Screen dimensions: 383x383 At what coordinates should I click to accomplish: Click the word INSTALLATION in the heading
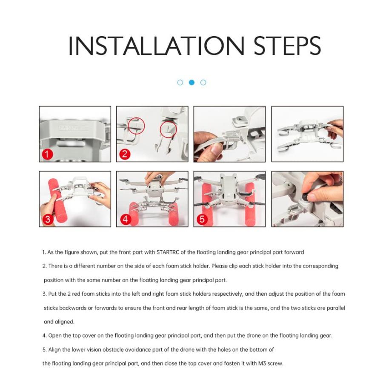click(156, 46)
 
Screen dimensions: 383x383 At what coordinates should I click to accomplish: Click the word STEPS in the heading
click(287, 46)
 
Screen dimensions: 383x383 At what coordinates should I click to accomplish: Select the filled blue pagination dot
click(192, 83)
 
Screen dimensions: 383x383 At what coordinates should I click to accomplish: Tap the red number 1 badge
click(47, 154)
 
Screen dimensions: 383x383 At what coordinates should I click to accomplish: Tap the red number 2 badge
click(125, 154)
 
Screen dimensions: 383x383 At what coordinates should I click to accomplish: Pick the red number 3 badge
click(48, 219)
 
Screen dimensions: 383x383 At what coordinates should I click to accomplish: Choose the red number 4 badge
click(125, 219)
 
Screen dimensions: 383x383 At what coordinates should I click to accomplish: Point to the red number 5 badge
click(202, 219)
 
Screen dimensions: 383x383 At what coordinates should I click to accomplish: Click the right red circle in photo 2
click(169, 129)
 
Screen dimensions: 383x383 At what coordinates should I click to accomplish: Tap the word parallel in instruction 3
click(336, 308)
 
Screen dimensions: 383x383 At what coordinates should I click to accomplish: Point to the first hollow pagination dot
click(180, 83)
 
